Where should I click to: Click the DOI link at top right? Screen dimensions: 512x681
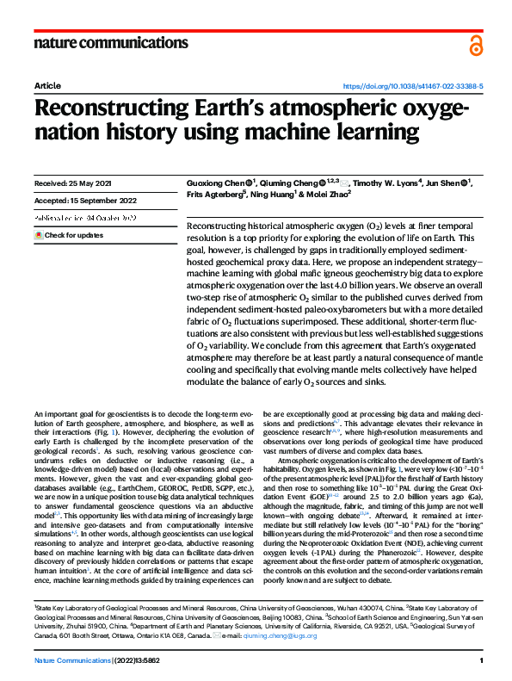pyautogui.click(x=413, y=87)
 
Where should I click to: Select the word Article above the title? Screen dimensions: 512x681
pyautogui.click(x=47, y=87)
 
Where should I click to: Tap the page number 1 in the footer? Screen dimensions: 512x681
pyautogui.click(x=481, y=659)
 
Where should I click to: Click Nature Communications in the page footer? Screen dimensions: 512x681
pyautogui.click(x=73, y=659)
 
